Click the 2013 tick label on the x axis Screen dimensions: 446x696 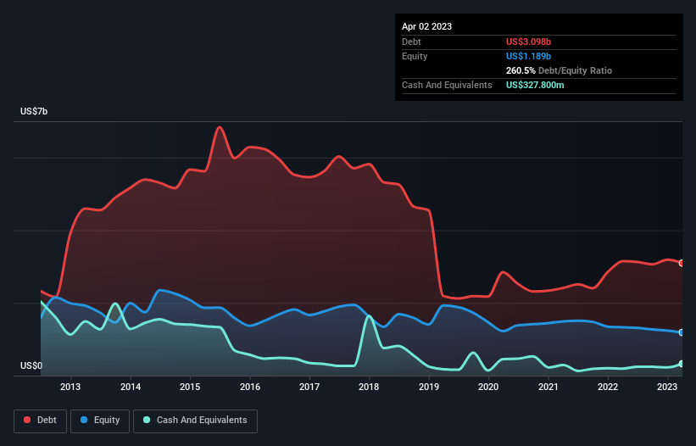pos(70,387)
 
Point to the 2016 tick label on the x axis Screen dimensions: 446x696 pos(250,387)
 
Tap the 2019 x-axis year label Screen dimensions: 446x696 pos(429,387)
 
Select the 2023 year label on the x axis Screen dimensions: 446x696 pos(667,387)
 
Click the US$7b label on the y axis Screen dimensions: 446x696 pos(37,112)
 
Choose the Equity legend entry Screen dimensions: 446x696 pos(100,420)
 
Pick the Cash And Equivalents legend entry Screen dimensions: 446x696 pos(195,420)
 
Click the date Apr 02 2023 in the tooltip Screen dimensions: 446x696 pos(426,26)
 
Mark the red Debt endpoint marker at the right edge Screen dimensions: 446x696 pos(682,263)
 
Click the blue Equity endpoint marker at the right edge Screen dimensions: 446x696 pos(682,332)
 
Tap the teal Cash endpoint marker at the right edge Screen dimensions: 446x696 pos(682,364)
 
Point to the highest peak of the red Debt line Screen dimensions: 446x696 pos(220,127)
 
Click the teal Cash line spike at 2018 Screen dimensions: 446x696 pos(369,316)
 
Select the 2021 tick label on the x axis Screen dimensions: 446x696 pos(548,387)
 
